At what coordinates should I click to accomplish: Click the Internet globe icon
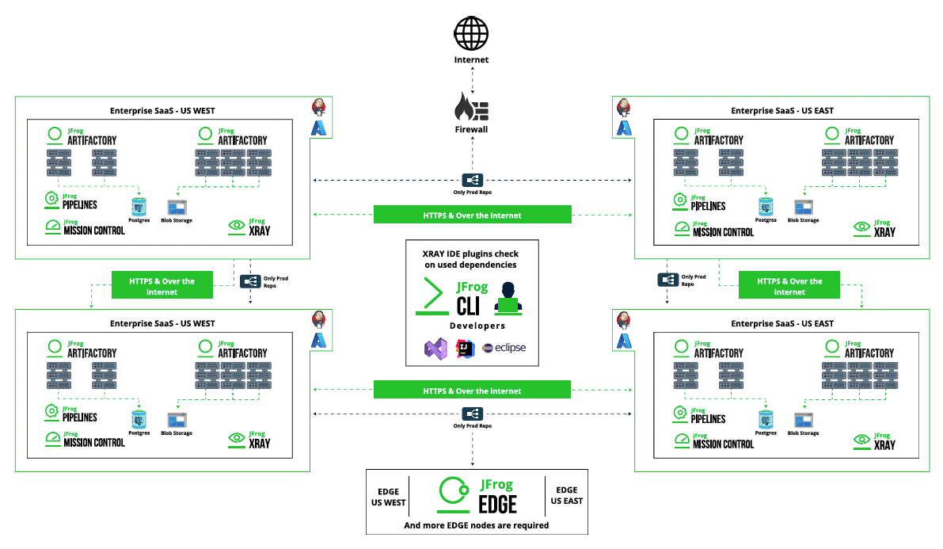pos(471,34)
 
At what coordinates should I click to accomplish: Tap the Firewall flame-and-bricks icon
pos(472,107)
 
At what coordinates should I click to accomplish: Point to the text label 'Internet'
pos(472,59)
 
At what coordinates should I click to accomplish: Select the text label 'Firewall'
pos(472,129)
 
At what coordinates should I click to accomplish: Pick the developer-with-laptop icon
pos(508,298)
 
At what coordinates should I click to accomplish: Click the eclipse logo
pos(504,347)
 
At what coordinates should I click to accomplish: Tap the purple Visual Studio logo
pos(436,349)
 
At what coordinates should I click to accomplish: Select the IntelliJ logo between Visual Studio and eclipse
pos(465,349)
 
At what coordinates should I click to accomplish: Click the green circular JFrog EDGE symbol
pos(454,493)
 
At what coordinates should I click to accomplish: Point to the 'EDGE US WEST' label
pos(389,498)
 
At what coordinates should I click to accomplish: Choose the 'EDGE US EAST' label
pos(567,495)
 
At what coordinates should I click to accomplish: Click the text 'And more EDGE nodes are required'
pos(477,525)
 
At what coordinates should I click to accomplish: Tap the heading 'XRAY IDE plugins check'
pos(470,254)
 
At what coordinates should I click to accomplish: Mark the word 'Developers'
pos(477,326)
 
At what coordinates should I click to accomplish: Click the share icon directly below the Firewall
pos(472,180)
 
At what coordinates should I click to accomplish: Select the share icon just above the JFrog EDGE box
pos(472,414)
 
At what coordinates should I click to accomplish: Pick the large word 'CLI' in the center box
pos(468,306)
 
